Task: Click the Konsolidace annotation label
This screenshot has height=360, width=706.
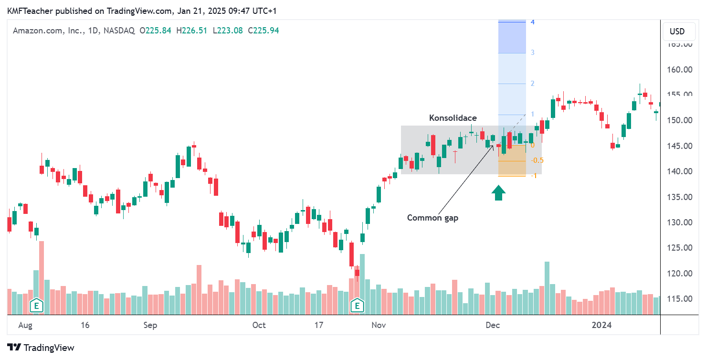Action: (453, 118)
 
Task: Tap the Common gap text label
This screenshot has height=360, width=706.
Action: (432, 218)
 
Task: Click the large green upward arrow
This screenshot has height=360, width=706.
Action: (499, 193)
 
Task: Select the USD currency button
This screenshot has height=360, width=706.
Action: (677, 32)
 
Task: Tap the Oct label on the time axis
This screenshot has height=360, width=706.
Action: (259, 326)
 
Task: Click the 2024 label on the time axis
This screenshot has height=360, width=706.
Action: (601, 326)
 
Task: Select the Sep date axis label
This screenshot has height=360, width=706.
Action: (150, 326)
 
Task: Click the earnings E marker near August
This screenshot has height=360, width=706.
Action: (36, 305)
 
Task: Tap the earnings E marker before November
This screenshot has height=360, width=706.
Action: (357, 305)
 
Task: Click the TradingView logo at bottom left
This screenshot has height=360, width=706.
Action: (41, 348)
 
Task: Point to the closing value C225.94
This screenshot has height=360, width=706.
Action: (263, 31)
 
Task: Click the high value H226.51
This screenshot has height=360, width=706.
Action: (192, 31)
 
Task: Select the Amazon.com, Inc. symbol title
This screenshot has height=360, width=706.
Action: (47, 31)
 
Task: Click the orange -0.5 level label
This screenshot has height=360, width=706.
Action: (537, 160)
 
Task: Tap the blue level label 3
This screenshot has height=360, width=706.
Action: (532, 53)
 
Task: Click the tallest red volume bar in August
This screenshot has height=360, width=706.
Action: (42, 277)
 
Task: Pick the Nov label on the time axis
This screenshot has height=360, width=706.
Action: (379, 326)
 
